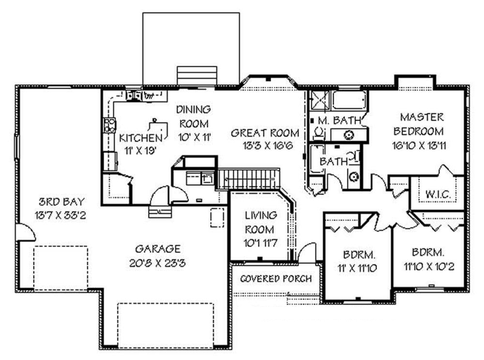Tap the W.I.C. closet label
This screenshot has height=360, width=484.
(x=438, y=194)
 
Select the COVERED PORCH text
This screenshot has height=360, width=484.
(x=276, y=279)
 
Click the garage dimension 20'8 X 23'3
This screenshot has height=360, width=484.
(x=158, y=263)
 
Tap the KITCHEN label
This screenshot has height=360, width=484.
(x=140, y=136)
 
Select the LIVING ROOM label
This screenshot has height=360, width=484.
(x=260, y=222)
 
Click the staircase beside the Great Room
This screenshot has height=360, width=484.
(x=249, y=179)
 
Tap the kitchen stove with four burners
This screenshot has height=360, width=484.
(x=109, y=125)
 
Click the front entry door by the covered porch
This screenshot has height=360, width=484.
(x=306, y=254)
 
